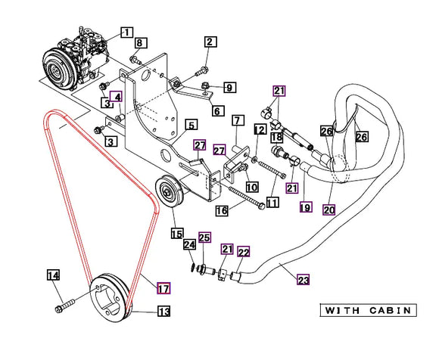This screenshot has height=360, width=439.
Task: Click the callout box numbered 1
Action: point(127,33)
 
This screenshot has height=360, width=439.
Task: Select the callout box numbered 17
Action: point(163,288)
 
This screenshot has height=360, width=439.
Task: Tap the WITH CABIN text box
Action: point(368,311)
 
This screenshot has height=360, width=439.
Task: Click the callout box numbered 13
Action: point(163,311)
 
